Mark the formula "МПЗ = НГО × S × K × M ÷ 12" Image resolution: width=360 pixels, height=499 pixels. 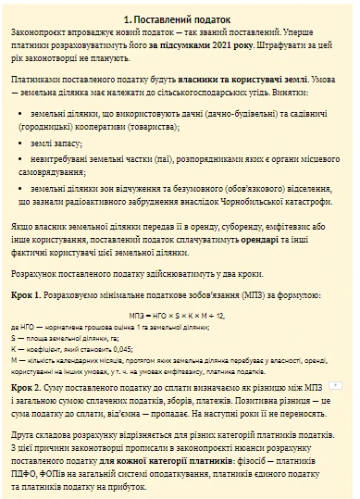[179, 316]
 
